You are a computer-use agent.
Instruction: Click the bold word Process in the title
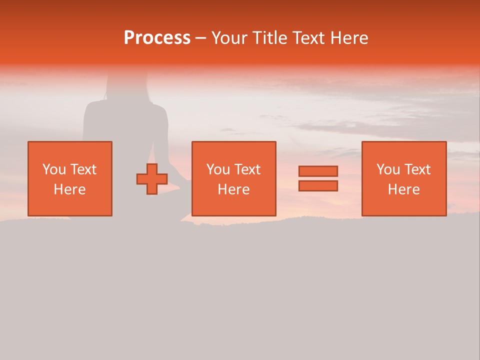(157, 38)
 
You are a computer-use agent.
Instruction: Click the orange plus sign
(152, 179)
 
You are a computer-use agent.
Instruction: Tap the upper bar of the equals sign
(318, 171)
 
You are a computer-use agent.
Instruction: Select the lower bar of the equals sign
(318, 185)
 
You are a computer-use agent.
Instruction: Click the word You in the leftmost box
(54, 169)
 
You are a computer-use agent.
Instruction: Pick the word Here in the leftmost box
(69, 189)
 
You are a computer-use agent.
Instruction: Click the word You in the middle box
(218, 169)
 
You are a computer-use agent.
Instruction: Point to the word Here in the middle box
(233, 189)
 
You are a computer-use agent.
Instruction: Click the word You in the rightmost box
(388, 169)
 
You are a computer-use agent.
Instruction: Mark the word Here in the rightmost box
(403, 189)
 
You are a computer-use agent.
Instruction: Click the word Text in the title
(309, 38)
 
